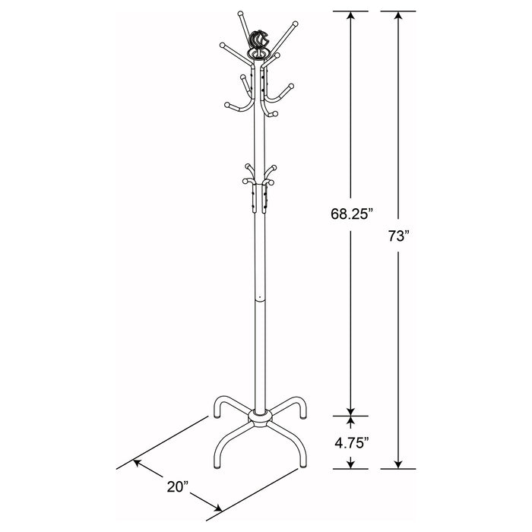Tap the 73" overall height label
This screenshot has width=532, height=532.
point(397,236)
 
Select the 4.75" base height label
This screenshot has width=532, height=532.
point(350,442)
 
